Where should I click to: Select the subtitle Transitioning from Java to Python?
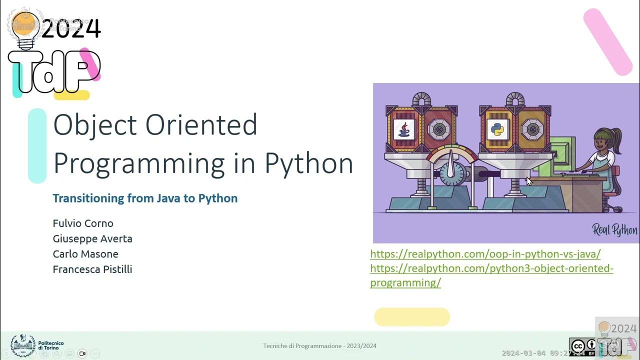[145, 198]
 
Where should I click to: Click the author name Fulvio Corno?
[83, 223]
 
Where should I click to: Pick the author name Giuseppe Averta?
[92, 238]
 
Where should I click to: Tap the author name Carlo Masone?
[85, 254]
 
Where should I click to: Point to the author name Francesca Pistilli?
[92, 269]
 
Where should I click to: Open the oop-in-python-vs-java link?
[485, 254]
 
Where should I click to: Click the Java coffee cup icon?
[403, 129]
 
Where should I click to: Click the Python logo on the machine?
[497, 129]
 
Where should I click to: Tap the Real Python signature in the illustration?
[614, 230]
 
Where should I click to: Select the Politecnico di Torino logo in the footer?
[23, 345]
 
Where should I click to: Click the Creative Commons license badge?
[582, 346]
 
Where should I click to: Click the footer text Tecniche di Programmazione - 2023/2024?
[320, 346]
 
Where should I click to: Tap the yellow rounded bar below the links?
[412, 317]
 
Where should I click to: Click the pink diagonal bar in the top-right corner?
[607, 42]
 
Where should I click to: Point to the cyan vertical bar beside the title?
[37, 145]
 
